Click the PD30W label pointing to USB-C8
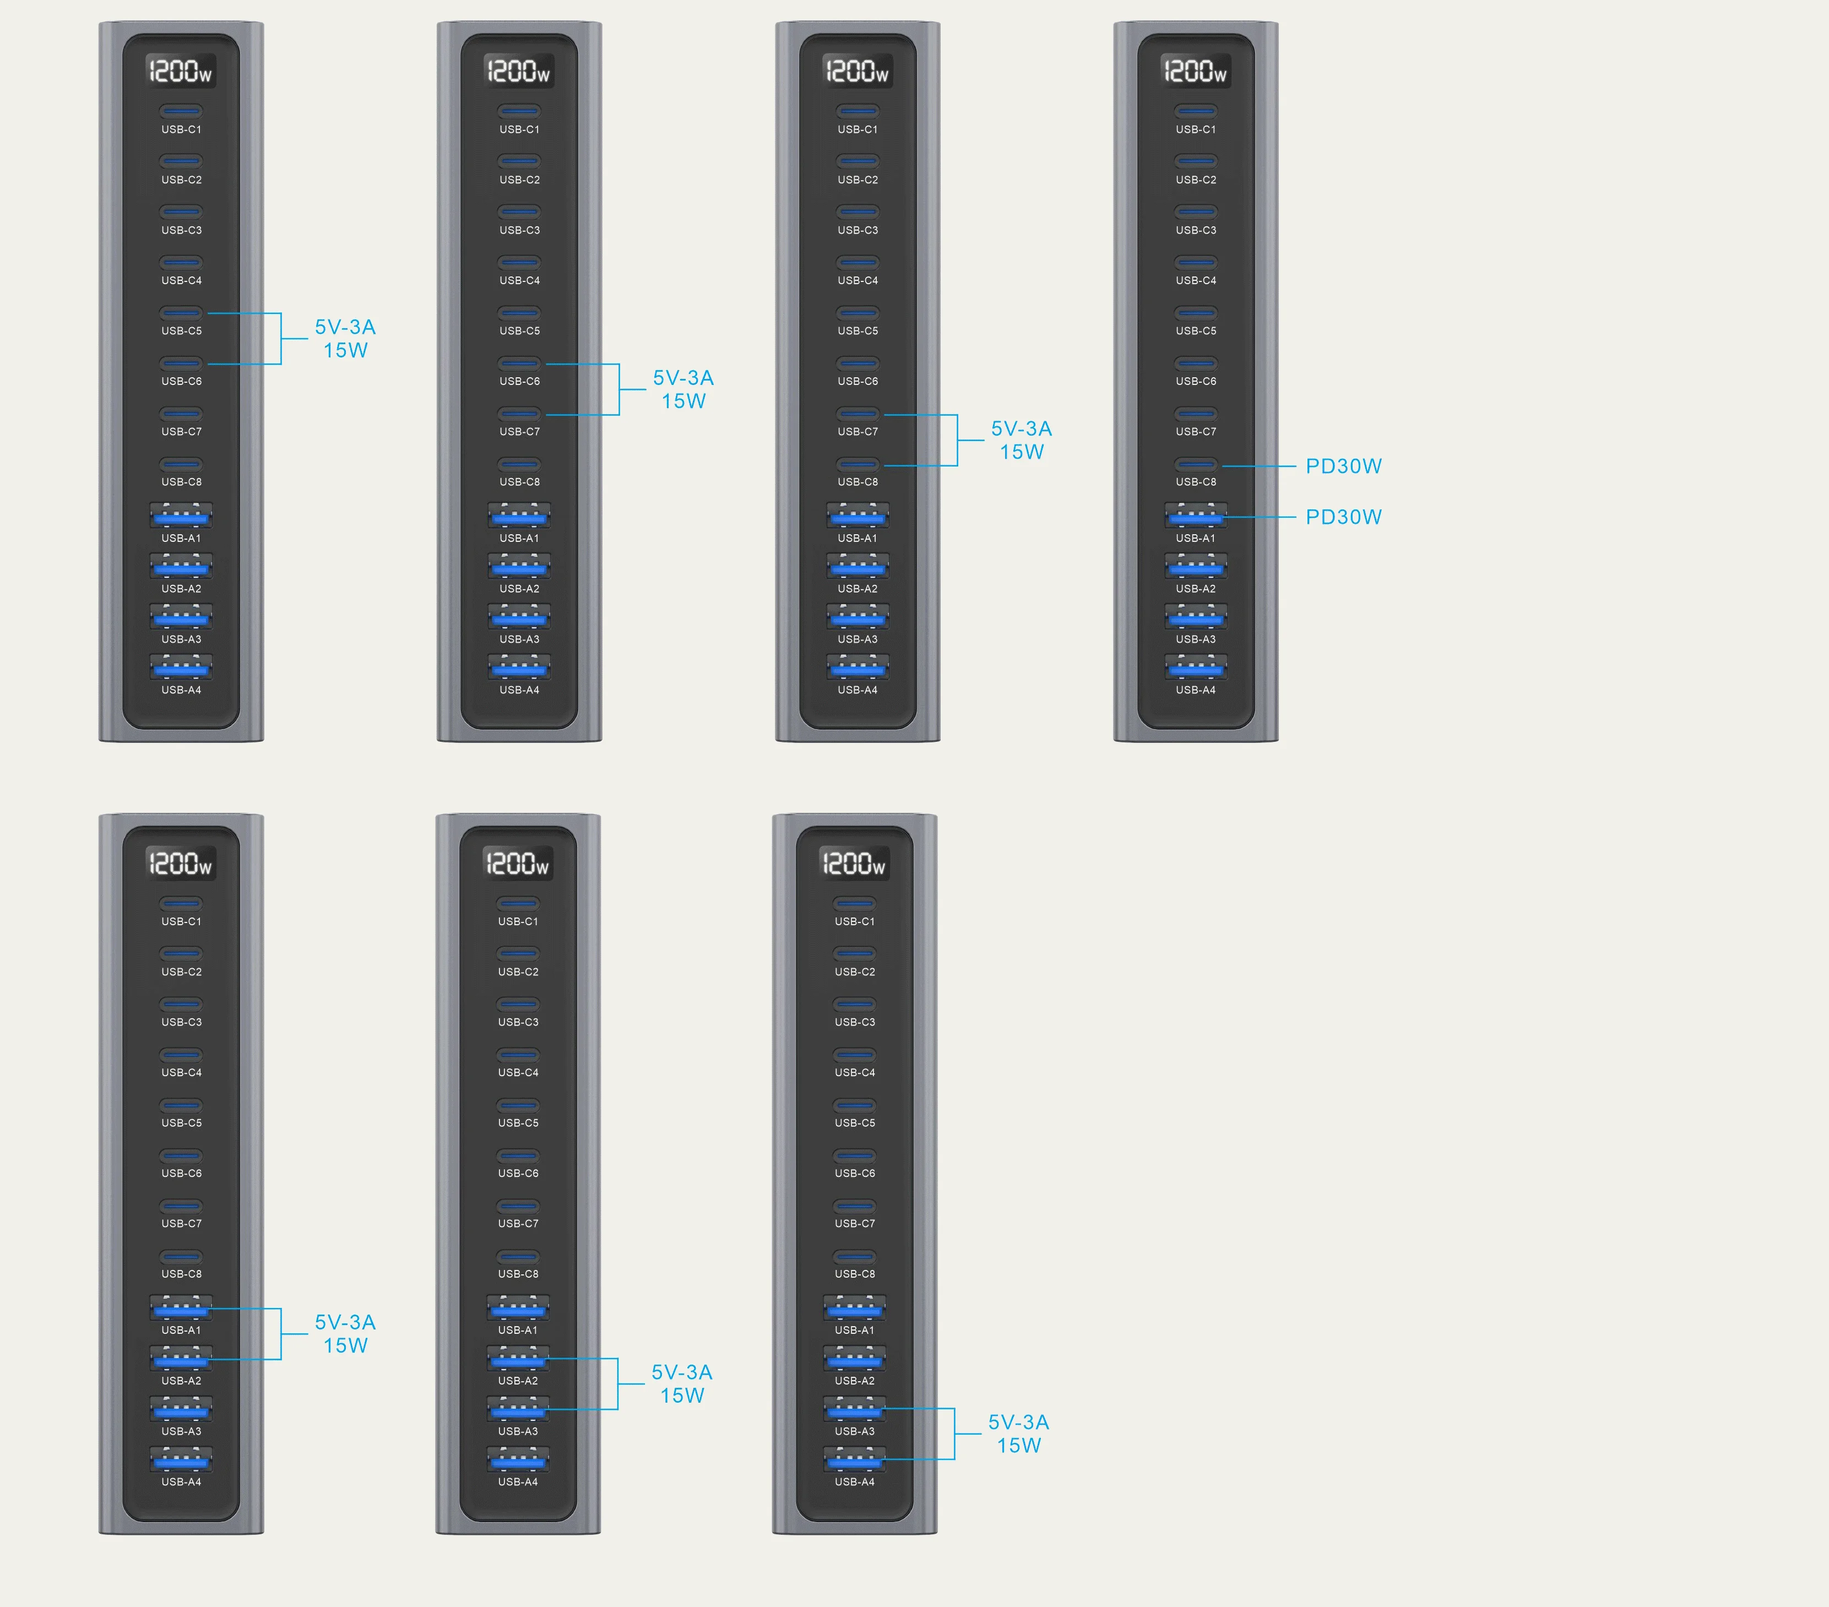point(1343,466)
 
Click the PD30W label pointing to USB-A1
point(1343,517)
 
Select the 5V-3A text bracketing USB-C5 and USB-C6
point(345,328)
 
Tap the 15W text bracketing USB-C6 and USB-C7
point(683,402)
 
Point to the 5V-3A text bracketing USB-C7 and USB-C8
point(1021,428)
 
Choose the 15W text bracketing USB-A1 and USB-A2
point(345,1346)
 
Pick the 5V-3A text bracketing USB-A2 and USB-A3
point(682,1372)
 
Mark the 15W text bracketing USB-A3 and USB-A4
point(1019,1446)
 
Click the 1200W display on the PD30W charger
point(1196,70)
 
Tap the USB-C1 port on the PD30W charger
point(1196,111)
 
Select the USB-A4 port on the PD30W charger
point(1196,667)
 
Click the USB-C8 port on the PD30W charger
point(1196,464)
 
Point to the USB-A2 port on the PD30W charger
point(1196,566)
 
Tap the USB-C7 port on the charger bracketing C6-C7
point(520,414)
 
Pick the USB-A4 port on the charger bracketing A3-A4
point(855,1461)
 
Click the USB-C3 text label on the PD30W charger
point(1196,230)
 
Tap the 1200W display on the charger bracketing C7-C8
point(857,70)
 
